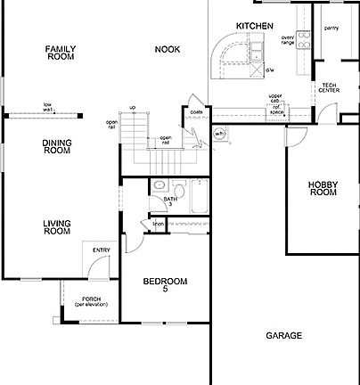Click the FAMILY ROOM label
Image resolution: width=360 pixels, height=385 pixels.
61,53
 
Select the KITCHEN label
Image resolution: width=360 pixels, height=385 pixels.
253,26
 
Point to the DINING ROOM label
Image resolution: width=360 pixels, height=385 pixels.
56,146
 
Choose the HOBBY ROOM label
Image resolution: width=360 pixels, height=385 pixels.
322,188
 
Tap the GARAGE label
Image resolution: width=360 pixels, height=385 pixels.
283,336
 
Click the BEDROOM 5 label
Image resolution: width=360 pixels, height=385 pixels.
166,285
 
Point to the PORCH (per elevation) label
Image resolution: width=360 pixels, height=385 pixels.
91,302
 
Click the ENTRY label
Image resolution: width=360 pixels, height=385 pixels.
101,250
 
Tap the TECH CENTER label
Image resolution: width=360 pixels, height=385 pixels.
328,86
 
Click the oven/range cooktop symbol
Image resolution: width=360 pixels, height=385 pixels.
303,39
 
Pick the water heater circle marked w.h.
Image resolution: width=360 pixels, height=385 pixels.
219,135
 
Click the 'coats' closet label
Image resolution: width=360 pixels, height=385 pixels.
196,111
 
